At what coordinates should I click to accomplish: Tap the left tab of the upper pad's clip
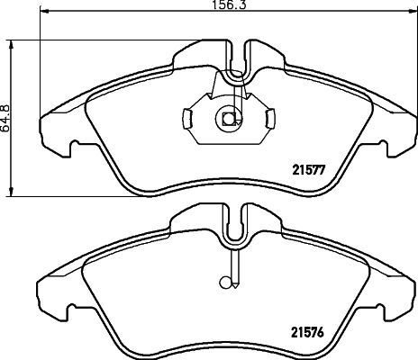(x=186, y=118)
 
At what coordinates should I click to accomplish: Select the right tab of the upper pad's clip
(x=271, y=118)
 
